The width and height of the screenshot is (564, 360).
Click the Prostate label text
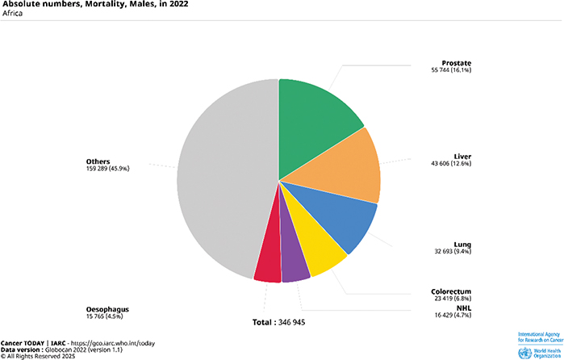tap(456, 62)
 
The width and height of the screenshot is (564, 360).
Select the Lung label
tap(462, 244)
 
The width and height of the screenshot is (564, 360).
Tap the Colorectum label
tap(451, 291)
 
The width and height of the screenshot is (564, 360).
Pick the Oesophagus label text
tap(107, 308)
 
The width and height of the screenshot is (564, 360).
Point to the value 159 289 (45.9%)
tap(107, 169)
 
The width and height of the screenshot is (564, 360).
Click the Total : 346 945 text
tap(279, 322)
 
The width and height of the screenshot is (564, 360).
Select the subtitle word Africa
tap(13, 15)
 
